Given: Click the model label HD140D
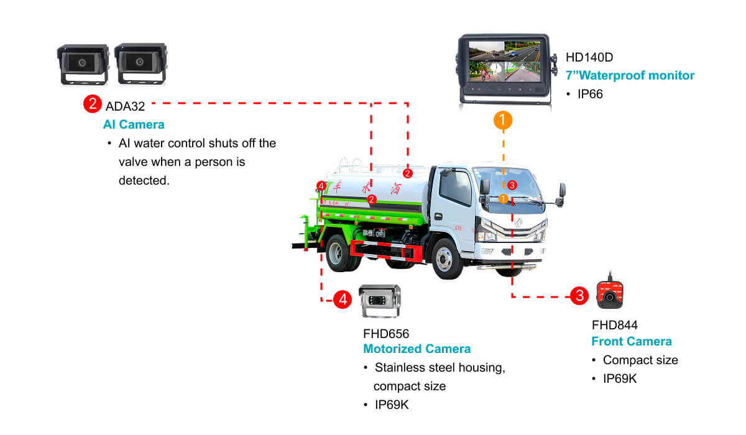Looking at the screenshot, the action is pos(589,57).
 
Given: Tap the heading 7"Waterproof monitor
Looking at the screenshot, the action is pos(630,75).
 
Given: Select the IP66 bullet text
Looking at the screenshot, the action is pos(590,94).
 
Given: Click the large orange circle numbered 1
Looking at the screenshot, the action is pos(503,120).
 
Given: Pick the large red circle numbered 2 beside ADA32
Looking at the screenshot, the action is pos(93,104).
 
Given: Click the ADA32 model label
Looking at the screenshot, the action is pos(125,106).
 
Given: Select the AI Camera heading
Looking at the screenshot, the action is pos(134,124).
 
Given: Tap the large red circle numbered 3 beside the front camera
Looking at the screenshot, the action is pos(579,296).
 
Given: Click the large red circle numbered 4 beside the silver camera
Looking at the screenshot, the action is pos(343,299).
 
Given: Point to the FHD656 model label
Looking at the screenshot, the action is pos(386,334).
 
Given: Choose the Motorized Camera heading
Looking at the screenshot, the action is pos(417,349).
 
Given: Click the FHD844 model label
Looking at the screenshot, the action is pos(615,325).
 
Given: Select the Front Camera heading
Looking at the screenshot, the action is pos(632,342).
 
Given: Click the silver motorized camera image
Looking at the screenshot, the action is pos(380,301).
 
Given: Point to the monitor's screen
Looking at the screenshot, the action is pos(504,62).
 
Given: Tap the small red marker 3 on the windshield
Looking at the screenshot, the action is pos(512,185).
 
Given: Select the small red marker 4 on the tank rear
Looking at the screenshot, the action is pos(321,186).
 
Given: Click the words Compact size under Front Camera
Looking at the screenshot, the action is pos(640,360).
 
